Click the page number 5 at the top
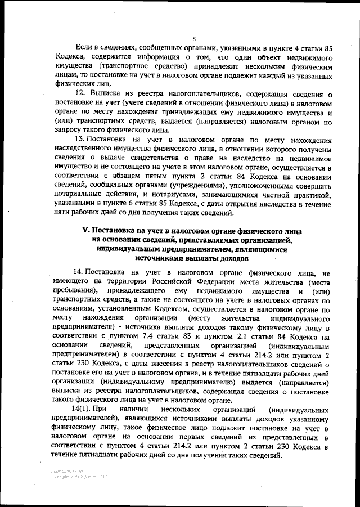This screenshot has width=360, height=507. [x=193, y=38]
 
